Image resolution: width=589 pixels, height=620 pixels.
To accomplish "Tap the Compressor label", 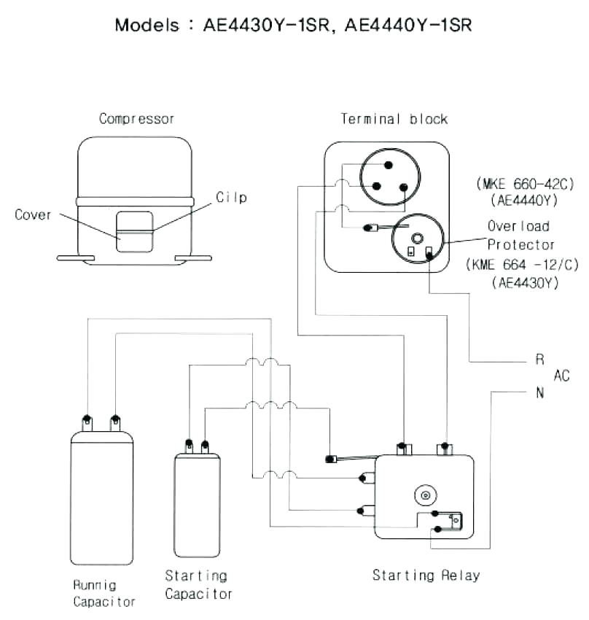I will click(x=137, y=118).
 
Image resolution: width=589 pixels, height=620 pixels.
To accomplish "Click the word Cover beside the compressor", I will click(x=33, y=214).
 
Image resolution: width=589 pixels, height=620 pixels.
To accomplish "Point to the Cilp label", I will click(x=231, y=198).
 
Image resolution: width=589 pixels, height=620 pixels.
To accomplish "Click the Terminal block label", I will click(x=394, y=118).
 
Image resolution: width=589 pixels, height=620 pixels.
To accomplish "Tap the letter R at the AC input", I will click(x=540, y=359).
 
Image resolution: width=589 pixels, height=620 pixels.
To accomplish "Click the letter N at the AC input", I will click(x=540, y=393).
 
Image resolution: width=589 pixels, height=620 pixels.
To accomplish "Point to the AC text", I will click(x=562, y=376).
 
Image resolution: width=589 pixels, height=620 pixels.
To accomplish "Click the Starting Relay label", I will click(x=426, y=576).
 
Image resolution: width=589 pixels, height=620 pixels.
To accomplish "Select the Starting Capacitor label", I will click(x=198, y=585).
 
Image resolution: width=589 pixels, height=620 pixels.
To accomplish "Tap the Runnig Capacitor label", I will click(x=104, y=593).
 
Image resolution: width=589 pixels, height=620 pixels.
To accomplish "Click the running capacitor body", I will click(x=102, y=500).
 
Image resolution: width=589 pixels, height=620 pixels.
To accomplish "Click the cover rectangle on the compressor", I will click(x=134, y=232).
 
